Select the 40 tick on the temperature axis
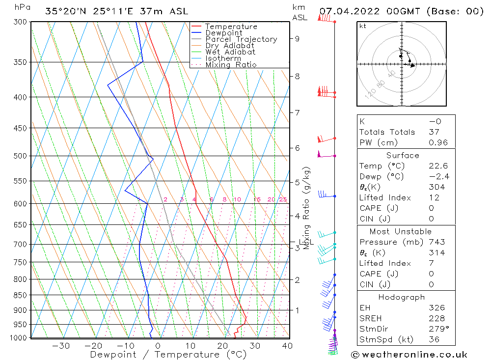click(x=287, y=346)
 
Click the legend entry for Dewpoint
click(x=224, y=33)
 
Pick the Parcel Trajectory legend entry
click(x=241, y=39)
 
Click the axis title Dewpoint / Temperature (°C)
click(x=162, y=355)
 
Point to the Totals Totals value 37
click(x=434, y=132)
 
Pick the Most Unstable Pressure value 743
click(x=436, y=242)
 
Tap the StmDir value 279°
click(x=438, y=329)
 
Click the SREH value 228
click(x=436, y=318)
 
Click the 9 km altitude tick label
click(x=298, y=38)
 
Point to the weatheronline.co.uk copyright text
click(x=409, y=354)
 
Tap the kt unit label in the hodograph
click(x=362, y=27)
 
